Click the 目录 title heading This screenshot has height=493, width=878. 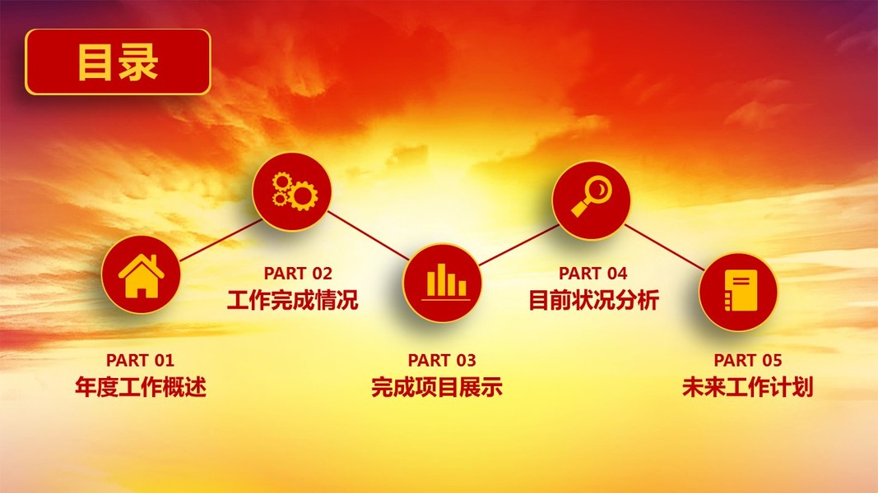[x=118, y=62]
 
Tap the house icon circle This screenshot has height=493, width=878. [x=141, y=274]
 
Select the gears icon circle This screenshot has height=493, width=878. [x=292, y=191]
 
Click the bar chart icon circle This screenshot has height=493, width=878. [x=443, y=283]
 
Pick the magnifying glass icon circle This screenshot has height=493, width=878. [x=592, y=200]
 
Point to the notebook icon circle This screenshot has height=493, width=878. [x=738, y=292]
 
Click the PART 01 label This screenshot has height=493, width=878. [x=140, y=360]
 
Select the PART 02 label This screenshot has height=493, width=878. [x=298, y=274]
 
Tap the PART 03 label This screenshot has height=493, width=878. [x=442, y=360]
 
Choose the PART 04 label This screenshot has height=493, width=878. [x=593, y=274]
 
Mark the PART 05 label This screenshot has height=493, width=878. [x=747, y=360]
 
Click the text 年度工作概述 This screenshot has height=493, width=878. [x=141, y=387]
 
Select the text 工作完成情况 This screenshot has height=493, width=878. [x=292, y=300]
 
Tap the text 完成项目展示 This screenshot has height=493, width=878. [x=437, y=387]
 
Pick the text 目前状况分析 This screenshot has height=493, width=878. [x=593, y=300]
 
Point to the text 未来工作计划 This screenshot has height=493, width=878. [x=747, y=387]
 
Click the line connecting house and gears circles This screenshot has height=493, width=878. [x=220, y=241]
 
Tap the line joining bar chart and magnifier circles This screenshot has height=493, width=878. [x=519, y=245]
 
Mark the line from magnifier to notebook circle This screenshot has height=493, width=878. [x=664, y=247]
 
